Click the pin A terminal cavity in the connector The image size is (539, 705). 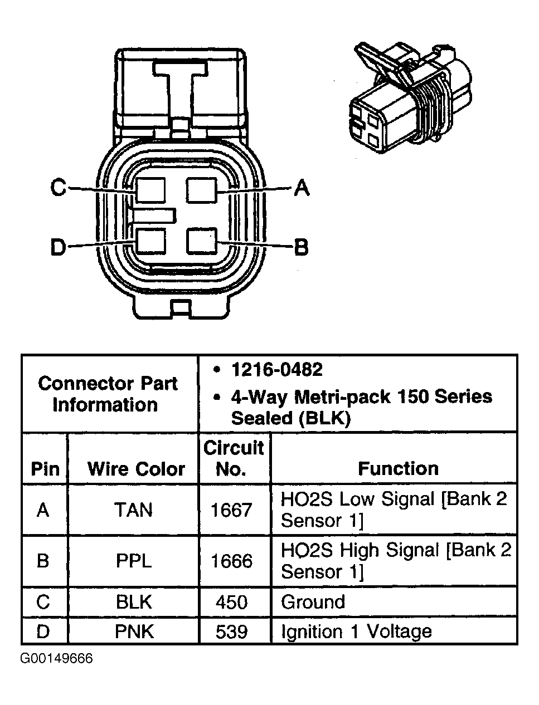coord(201,190)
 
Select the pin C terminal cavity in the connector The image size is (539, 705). coord(151,190)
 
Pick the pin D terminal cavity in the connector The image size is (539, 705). coord(151,242)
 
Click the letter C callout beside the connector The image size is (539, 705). coord(58,188)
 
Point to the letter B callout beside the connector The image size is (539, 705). coord(301,246)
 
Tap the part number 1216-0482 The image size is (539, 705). coord(277,370)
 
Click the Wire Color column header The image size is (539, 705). coord(136,469)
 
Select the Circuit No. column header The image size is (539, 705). coord(233,458)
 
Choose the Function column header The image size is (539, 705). coord(398,468)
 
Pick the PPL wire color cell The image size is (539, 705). coord(133,560)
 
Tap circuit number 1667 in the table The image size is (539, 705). coord(231,510)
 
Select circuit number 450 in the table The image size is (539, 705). coord(231,602)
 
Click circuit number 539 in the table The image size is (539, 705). coord(231,631)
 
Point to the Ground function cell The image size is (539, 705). coord(313,602)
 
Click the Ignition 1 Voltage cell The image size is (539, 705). coord(356,631)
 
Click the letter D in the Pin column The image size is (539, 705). coord(43,631)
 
